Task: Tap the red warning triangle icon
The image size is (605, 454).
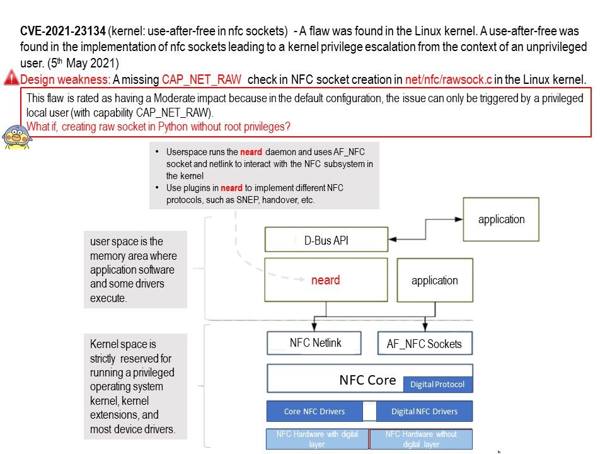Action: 11,79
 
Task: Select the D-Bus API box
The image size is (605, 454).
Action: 326,240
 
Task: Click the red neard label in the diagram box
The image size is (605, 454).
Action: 325,280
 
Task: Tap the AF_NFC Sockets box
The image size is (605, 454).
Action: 424,344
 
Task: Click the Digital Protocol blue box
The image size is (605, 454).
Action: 438,384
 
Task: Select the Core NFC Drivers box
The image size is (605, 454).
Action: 314,411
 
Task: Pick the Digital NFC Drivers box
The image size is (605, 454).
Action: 424,411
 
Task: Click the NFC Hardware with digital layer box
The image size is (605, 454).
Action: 317,439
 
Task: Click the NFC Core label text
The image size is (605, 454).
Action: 367,380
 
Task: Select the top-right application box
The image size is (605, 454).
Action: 501,219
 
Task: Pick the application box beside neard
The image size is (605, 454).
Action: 434,281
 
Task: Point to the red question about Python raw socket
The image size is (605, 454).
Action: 158,126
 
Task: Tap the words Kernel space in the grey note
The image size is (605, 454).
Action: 113,344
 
